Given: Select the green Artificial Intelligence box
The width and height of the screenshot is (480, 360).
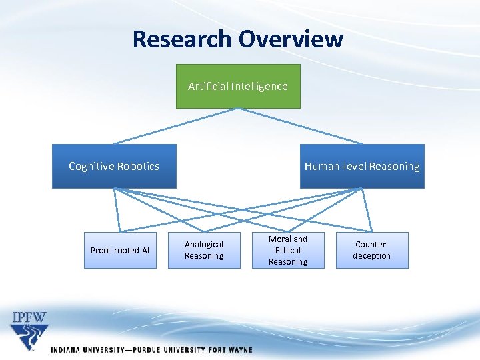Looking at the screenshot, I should [238, 86].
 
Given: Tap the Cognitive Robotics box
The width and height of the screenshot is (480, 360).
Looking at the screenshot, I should [114, 166].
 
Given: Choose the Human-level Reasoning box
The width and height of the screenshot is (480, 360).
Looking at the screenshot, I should [362, 166].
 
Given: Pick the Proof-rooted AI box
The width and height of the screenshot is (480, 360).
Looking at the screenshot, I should [120, 250].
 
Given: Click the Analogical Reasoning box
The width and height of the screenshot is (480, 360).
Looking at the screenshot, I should [204, 250].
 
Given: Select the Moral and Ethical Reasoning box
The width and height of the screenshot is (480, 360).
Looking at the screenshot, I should [288, 250].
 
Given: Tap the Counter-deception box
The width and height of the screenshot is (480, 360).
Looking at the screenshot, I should [372, 250].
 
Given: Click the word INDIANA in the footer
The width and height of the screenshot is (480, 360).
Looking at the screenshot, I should [69, 349].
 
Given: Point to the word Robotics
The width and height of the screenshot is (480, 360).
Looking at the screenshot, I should [138, 166].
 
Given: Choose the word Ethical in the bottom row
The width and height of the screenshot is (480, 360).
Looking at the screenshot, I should [288, 251].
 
